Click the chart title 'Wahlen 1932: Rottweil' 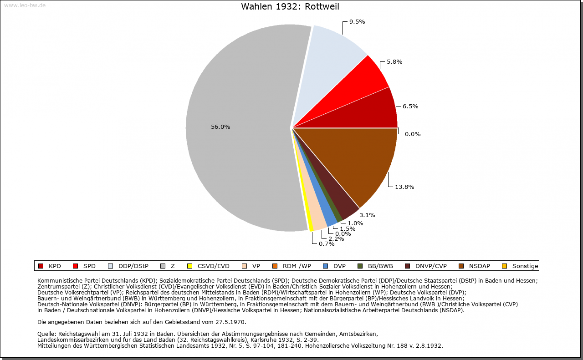click(290, 7)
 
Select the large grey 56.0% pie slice click(237, 137)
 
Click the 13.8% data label click(404, 187)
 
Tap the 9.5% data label click(357, 21)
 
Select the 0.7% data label click(327, 243)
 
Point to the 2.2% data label click(336, 238)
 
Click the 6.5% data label click(410, 106)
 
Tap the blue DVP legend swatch click(326, 266)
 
